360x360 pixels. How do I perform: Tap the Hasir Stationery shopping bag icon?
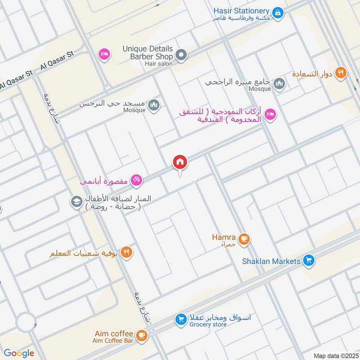(x=278, y=13)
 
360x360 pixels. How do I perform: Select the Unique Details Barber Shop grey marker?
(x=181, y=56)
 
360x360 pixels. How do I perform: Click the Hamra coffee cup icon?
(x=244, y=239)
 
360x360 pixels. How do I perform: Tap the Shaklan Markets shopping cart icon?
(x=308, y=261)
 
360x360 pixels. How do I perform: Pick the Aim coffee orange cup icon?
(x=141, y=335)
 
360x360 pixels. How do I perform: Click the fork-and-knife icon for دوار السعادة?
(x=341, y=72)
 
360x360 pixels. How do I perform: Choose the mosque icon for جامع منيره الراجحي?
(x=279, y=84)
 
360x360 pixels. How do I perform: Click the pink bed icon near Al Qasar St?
(x=104, y=54)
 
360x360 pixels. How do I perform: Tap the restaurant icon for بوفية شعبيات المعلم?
(x=127, y=252)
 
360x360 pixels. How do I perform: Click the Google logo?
(x=19, y=353)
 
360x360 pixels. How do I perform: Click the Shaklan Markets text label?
(x=271, y=261)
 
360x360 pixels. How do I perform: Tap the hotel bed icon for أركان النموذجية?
(x=270, y=114)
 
